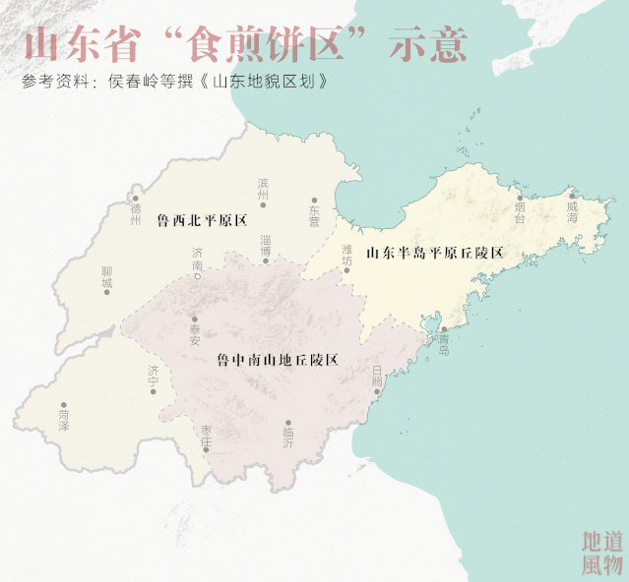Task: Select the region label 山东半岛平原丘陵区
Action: pyautogui.click(x=435, y=254)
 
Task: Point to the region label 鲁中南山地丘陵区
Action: pyautogui.click(x=278, y=361)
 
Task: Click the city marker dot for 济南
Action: pyautogui.click(x=198, y=277)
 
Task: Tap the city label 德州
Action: pyautogui.click(x=136, y=214)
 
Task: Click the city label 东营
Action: pyautogui.click(x=314, y=216)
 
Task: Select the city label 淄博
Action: pyautogui.click(x=265, y=245)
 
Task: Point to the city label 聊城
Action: pyautogui.click(x=106, y=278)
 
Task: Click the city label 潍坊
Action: pyautogui.click(x=346, y=256)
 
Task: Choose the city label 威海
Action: pyautogui.click(x=572, y=211)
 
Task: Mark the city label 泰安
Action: pyautogui.click(x=195, y=335)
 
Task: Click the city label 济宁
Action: pyautogui.click(x=154, y=377)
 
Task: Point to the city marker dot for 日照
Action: pyautogui.click(x=377, y=391)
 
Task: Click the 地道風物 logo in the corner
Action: pyautogui.click(x=602, y=553)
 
